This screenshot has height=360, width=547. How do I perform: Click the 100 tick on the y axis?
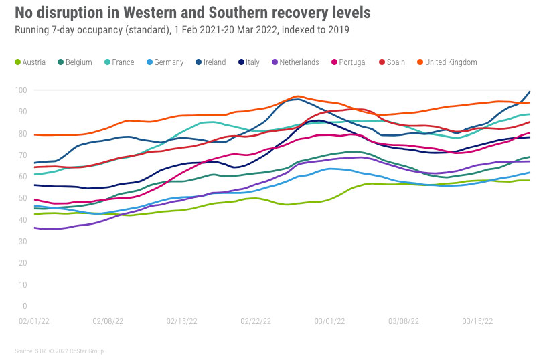pos(21,90)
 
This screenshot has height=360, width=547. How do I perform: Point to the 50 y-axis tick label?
pos(22,198)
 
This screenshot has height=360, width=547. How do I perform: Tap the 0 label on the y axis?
pos(24,306)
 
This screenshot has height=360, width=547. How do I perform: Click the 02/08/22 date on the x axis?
pos(108,321)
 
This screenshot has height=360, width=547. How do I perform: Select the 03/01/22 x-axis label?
pos(330,321)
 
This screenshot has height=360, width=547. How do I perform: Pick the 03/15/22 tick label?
pos(478,321)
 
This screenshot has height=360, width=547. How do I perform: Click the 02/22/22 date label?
pos(256,321)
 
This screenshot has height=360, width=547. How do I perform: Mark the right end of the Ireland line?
pos(530,92)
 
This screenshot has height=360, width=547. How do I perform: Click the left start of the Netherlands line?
pos(34,228)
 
